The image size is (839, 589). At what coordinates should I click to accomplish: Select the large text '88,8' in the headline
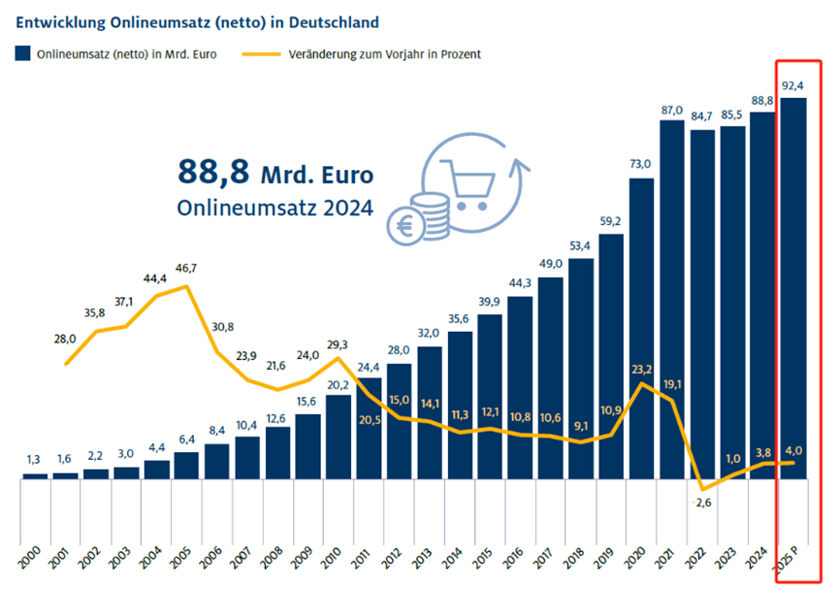pos(212,172)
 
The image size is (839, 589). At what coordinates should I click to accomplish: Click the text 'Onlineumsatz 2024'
pos(274,208)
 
